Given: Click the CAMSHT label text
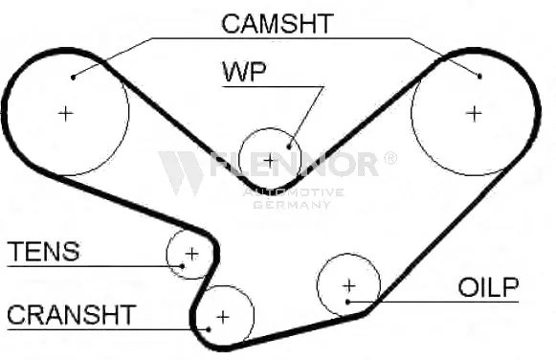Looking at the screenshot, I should [x=277, y=24].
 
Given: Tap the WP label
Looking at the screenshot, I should [x=245, y=72].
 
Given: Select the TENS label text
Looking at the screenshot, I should [x=43, y=252].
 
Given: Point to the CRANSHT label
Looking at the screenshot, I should [x=71, y=315].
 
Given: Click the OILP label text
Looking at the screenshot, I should [x=488, y=287].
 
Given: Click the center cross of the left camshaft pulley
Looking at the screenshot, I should [x=65, y=113].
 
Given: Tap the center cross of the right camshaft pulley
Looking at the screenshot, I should [x=473, y=113].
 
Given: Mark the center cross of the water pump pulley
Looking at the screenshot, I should [x=270, y=159].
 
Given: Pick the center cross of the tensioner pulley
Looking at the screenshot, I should [x=190, y=254].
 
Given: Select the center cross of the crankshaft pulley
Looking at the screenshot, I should [x=223, y=315].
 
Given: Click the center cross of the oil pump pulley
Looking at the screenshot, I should [x=348, y=285].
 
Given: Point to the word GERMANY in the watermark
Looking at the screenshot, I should [x=291, y=205].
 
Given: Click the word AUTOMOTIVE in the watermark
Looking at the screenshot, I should [x=293, y=192].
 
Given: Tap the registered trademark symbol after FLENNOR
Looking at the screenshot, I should [x=389, y=158].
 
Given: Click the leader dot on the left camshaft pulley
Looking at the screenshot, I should [x=74, y=75].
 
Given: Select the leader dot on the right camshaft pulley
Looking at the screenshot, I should [x=479, y=75].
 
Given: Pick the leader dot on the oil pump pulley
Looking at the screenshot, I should [x=351, y=303].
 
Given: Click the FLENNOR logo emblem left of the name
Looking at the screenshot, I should [x=181, y=170].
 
